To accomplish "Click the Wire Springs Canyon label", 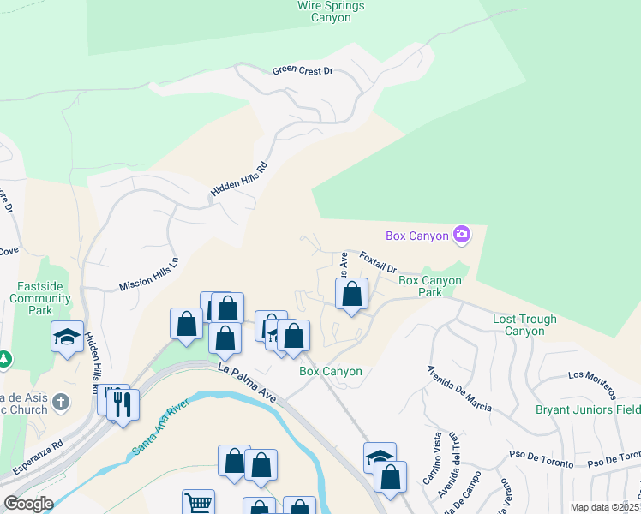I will point(330,11).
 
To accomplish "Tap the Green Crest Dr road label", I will point(303,71).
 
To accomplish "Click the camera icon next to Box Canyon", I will point(462,234).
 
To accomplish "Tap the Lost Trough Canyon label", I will point(524,325).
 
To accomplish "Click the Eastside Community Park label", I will point(40,292).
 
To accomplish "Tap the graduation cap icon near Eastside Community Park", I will point(67,336).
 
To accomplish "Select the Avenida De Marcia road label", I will point(458,388).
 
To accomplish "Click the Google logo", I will point(28,504).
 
